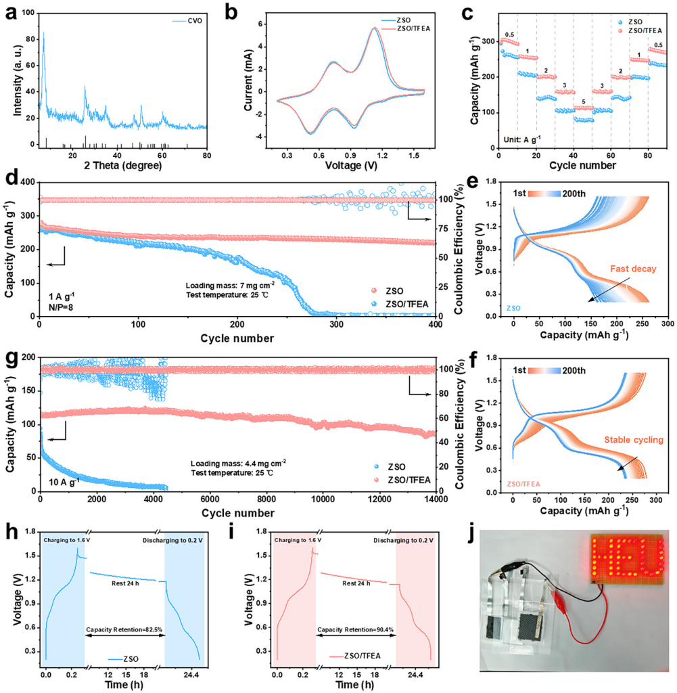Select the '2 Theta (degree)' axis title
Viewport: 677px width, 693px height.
tap(122, 164)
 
